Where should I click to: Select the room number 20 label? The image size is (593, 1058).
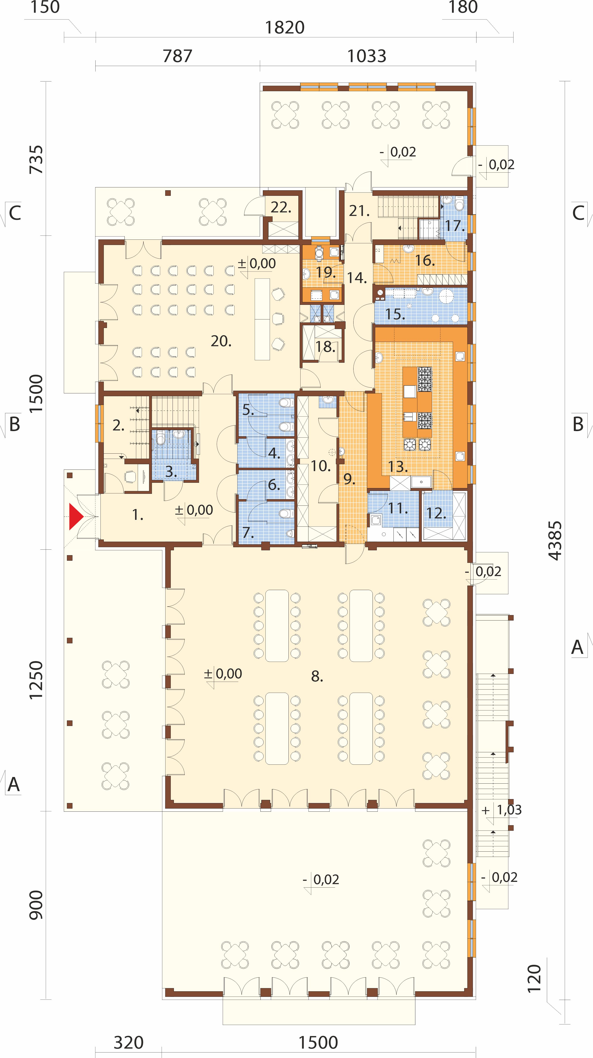[x=221, y=341]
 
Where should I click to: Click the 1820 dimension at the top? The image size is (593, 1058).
[x=285, y=28]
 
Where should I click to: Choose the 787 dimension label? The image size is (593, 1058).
[x=177, y=56]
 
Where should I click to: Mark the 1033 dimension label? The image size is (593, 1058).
[x=367, y=56]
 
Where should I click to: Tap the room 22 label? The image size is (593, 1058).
[x=281, y=207]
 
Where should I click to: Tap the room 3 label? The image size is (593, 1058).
[x=171, y=472]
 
